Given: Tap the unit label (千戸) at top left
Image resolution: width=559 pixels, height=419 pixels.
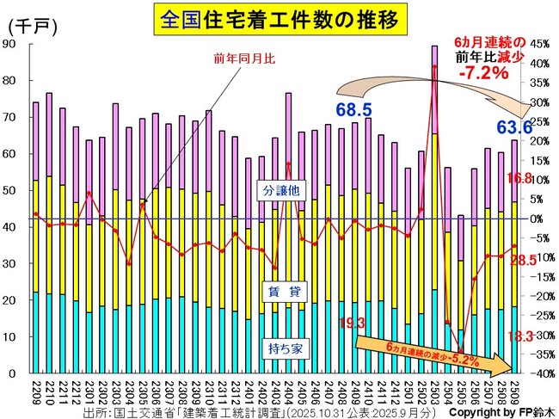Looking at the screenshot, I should point(32,27).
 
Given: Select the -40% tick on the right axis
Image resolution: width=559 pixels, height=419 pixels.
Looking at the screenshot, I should point(539,373).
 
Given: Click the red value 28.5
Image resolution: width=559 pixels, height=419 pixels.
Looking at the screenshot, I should point(523,260).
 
